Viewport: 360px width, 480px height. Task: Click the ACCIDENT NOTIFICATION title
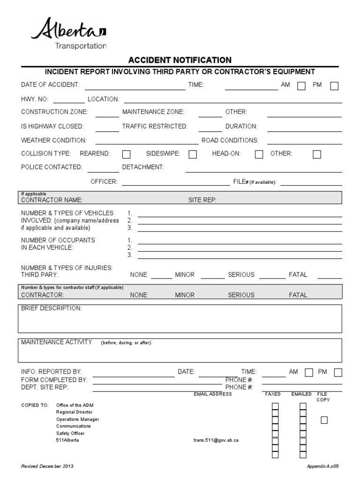[180, 60]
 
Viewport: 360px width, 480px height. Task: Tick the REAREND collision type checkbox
[126, 154]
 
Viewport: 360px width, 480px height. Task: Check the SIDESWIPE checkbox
[192, 154]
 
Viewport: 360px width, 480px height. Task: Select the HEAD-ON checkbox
[259, 154]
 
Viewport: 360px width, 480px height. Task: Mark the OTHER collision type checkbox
[317, 154]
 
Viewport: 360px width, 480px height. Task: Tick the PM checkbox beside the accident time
[334, 86]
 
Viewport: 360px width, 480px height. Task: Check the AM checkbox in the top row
[302, 86]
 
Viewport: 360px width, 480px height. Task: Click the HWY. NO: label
[37, 99]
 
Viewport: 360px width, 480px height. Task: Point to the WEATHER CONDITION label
[54, 140]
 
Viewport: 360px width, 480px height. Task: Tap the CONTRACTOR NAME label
[52, 200]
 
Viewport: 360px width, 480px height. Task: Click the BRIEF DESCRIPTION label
[52, 308]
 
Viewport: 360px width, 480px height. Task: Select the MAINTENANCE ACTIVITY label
[57, 342]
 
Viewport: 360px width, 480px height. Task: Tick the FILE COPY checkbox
[324, 420]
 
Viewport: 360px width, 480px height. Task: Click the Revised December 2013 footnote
[47, 467]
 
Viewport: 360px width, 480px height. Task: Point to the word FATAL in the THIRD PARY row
[298, 275]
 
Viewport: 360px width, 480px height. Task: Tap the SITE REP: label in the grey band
[202, 200]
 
